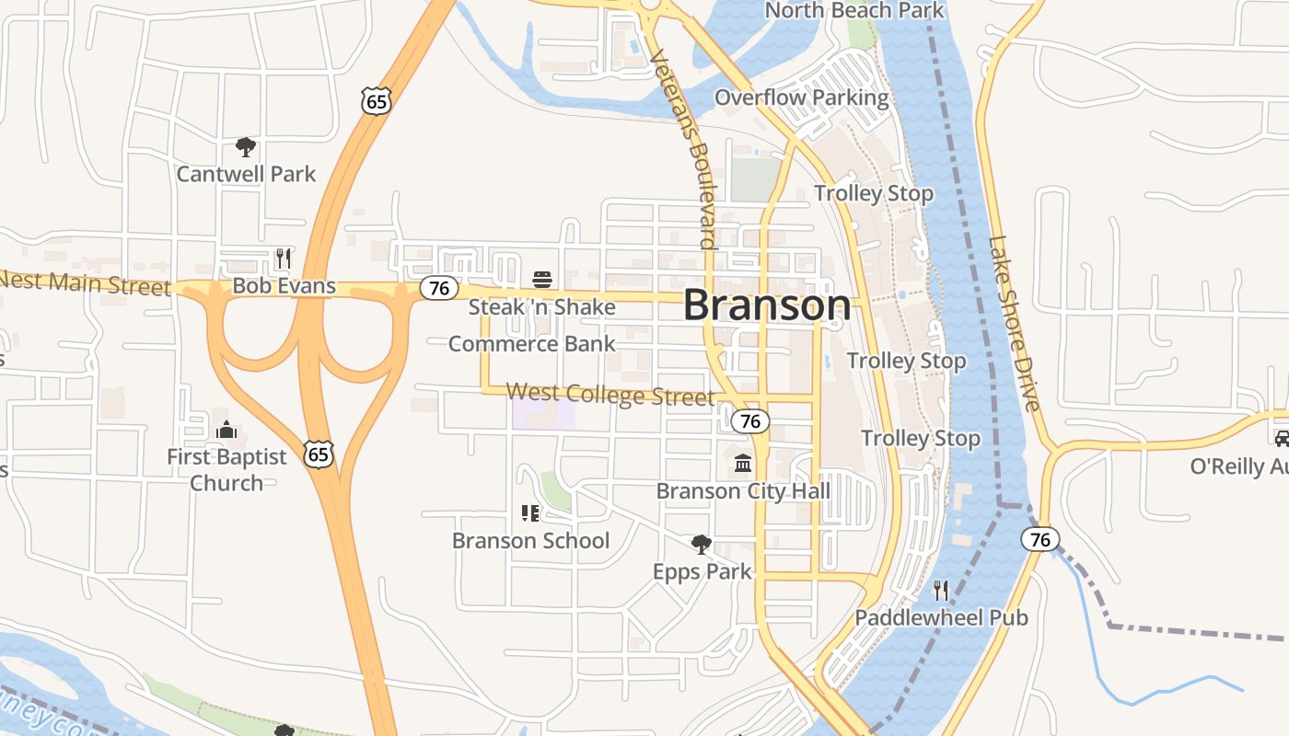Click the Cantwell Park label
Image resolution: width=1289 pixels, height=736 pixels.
tap(246, 174)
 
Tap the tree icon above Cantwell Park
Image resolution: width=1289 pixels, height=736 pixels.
tap(245, 147)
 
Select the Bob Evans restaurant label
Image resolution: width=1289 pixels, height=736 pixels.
tap(284, 286)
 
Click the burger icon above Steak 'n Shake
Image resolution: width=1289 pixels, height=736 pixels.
tap(541, 280)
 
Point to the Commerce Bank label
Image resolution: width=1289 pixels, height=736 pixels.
tap(531, 344)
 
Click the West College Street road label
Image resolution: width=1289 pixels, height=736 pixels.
tap(610, 395)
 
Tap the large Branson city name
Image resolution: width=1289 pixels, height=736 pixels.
tap(767, 305)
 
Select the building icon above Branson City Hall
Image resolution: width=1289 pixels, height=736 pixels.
tap(743, 463)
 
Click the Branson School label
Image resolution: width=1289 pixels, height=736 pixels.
tap(530, 540)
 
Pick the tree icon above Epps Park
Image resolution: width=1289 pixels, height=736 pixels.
tap(702, 545)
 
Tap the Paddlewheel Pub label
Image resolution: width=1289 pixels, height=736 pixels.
tap(941, 617)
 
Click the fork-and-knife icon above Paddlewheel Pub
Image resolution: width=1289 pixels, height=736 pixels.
tap(941, 590)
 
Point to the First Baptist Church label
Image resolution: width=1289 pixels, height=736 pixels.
tap(226, 469)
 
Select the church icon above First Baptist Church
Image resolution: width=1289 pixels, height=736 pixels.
tap(226, 430)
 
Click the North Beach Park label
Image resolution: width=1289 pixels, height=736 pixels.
tap(854, 11)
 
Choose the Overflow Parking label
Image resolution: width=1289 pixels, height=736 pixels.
tap(802, 98)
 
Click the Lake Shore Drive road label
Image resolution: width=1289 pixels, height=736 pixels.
tap(1014, 323)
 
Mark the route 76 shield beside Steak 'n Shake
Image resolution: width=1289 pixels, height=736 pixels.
tap(439, 288)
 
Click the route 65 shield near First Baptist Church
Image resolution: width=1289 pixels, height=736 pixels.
tap(319, 454)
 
